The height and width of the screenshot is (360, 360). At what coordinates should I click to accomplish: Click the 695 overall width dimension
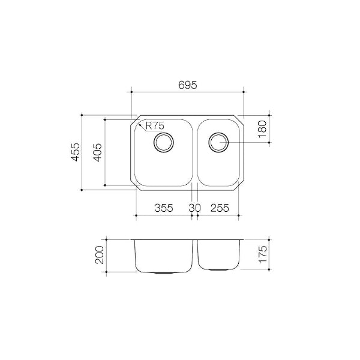(188, 85)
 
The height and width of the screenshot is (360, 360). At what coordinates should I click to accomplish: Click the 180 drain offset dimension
(262, 128)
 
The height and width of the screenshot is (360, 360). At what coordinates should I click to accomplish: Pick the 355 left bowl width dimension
(164, 208)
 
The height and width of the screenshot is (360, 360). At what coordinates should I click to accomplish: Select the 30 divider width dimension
(194, 208)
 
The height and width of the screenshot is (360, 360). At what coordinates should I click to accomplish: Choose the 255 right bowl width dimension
(220, 208)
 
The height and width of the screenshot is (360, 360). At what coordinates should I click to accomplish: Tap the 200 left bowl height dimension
(99, 256)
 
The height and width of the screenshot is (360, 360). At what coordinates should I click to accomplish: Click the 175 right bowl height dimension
(262, 256)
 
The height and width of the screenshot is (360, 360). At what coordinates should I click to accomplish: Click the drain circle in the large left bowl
(164, 143)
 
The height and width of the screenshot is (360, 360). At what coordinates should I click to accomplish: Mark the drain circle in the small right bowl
(218, 142)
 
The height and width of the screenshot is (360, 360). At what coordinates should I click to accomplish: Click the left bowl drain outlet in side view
(164, 272)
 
